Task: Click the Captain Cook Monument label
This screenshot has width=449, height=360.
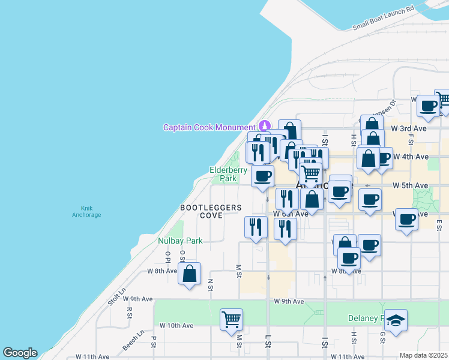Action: (209, 127)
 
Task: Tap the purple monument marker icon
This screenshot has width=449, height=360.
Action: (264, 127)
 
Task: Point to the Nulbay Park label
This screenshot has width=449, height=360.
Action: (180, 241)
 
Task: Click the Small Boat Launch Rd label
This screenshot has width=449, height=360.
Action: (384, 18)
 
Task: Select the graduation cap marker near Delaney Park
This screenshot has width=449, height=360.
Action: (396, 320)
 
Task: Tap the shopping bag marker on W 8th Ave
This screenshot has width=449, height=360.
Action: (190, 274)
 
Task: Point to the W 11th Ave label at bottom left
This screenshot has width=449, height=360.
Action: (92, 356)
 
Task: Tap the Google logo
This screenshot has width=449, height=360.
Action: (20, 353)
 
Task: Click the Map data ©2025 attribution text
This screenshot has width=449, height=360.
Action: (423, 355)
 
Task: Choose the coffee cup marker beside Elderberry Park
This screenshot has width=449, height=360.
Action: (262, 176)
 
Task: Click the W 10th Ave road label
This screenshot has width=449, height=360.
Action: (176, 325)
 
